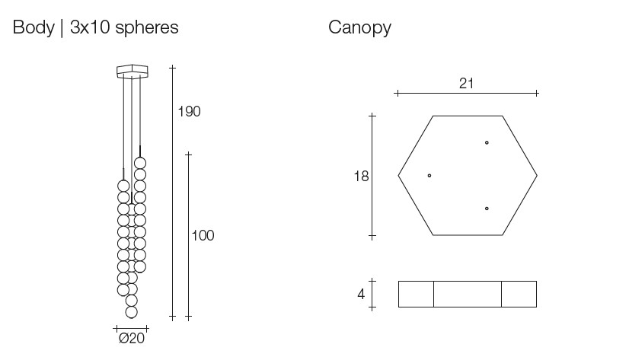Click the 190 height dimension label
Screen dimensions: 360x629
[189, 112]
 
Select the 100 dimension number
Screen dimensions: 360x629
[203, 236]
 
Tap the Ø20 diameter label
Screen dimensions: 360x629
[131, 338]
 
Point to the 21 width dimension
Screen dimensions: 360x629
[467, 84]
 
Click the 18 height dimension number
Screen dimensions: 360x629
[361, 177]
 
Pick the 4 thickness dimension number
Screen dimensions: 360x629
[361, 294]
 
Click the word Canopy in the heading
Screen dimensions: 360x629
[359, 28]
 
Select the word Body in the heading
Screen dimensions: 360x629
[33, 28]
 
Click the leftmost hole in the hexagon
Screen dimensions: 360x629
[429, 176]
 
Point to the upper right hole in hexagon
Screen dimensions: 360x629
[487, 142]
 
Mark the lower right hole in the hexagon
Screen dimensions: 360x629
[487, 208]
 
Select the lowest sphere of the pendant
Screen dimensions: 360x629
[132, 312]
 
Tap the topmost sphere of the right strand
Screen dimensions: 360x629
[140, 163]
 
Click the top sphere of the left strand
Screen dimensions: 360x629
[123, 186]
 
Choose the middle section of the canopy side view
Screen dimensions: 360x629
[468, 294]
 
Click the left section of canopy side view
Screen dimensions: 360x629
[416, 294]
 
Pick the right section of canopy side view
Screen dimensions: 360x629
[519, 294]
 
